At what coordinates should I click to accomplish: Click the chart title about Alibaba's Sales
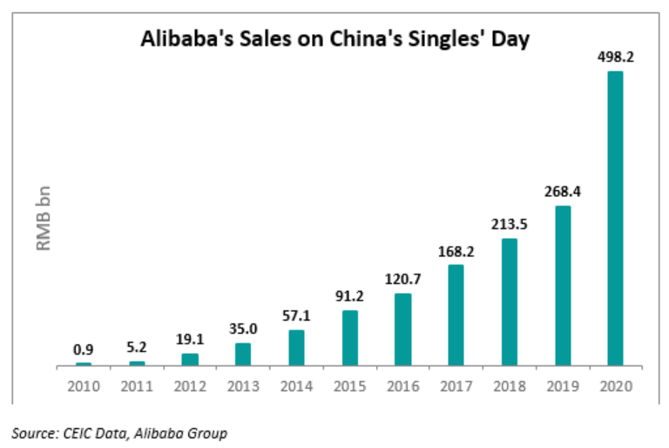pos(335,41)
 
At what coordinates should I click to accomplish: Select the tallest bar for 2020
pos(615,218)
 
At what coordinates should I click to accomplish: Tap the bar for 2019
pos(563,285)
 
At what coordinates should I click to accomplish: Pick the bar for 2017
pos(456,315)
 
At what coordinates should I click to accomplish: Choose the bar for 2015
pos(349,337)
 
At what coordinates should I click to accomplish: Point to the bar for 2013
pos(243,354)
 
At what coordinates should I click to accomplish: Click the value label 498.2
pos(615,56)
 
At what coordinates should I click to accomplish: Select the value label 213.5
pos(509,224)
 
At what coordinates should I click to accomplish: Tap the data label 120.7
pos(402,279)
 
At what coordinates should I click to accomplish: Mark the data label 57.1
pos(296,316)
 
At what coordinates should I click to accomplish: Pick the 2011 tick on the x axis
pos(137,385)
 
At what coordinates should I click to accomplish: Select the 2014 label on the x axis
pos(296,385)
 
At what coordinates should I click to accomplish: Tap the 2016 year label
pos(402,385)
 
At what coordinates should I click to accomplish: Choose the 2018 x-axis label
pos(509,385)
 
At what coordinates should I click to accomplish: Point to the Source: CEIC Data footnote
pos(118,432)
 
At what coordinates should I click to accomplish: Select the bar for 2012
pos(190,359)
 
